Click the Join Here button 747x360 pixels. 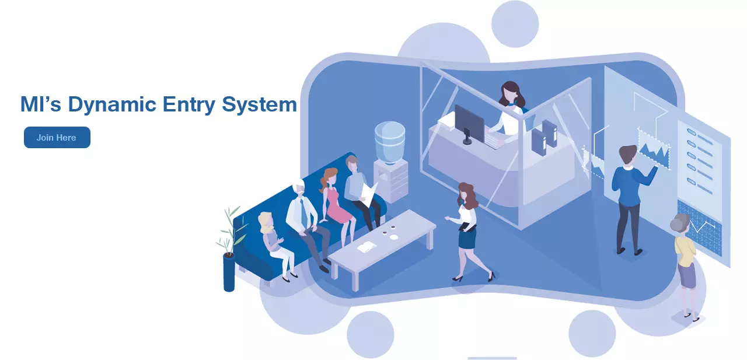click(57, 138)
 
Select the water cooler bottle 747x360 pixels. click(389, 141)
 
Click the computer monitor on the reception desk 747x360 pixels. click(469, 123)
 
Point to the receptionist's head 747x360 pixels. click(510, 92)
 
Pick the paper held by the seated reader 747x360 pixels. click(369, 191)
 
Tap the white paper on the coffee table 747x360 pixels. click(366, 247)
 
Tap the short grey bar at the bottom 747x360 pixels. click(492, 358)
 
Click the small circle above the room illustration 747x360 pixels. click(514, 24)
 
